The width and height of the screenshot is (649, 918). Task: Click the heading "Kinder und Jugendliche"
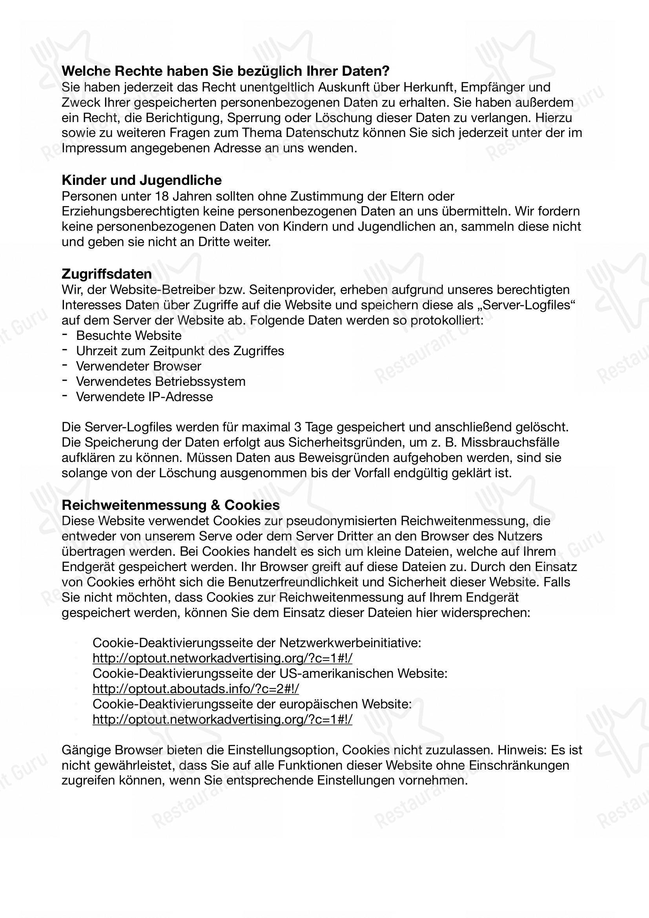(142, 180)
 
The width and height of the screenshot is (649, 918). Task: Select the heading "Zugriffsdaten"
(107, 274)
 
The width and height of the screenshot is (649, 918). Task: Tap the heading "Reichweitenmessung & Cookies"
(171, 505)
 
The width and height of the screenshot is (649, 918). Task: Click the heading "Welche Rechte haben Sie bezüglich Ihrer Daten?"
(225, 71)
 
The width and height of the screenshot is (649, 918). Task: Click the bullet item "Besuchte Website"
(129, 335)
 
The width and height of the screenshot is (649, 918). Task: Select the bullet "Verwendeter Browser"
(139, 366)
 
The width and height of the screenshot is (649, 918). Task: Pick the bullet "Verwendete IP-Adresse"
(144, 397)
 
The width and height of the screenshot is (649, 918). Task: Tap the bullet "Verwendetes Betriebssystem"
(160, 381)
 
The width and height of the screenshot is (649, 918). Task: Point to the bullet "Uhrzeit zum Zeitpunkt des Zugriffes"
(180, 350)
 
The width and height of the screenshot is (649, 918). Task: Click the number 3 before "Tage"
(297, 427)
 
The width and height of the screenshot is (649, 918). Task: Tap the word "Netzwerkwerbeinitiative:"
(350, 642)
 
